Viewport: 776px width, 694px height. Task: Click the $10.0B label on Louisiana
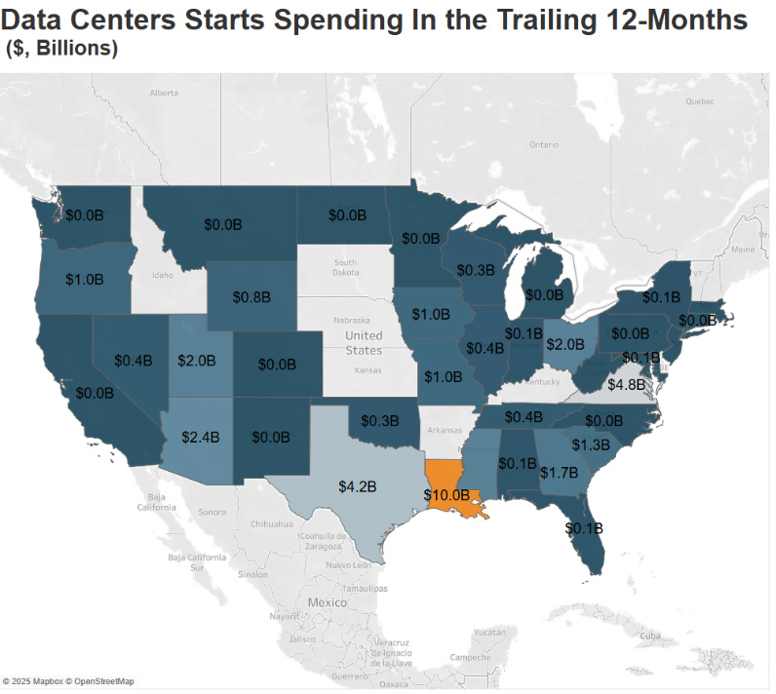coord(448,495)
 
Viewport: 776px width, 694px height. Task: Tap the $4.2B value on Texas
coord(359,484)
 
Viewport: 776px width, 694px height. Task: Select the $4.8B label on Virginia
coord(626,384)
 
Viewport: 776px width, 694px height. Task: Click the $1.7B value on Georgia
coord(560,472)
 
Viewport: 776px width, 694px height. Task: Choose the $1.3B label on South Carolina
coord(590,444)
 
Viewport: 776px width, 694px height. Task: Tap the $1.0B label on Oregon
coord(85,278)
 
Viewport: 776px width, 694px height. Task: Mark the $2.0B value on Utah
coord(197,360)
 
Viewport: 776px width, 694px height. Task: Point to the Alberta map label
coord(164,93)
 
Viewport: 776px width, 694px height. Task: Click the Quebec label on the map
coord(700,100)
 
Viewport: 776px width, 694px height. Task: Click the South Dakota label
coord(345,268)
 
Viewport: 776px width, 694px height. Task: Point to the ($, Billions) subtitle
coord(62,49)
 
